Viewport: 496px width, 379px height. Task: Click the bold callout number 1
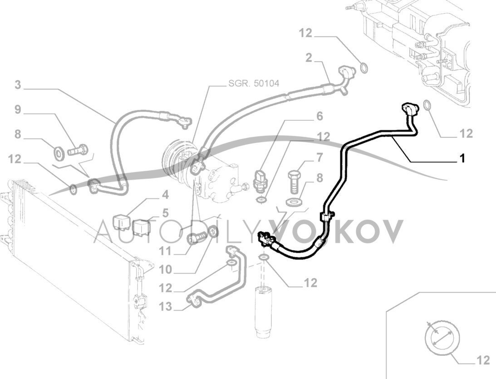click(462, 158)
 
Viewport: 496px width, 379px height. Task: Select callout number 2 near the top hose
click(309, 58)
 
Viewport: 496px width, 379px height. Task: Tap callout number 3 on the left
click(18, 85)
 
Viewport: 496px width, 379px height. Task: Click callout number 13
click(166, 307)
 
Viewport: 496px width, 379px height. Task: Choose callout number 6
click(319, 117)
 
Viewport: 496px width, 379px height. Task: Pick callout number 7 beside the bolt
click(319, 158)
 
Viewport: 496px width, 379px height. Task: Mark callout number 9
click(18, 109)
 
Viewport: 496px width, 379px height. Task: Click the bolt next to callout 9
click(79, 149)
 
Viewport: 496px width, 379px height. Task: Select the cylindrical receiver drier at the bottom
click(263, 313)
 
